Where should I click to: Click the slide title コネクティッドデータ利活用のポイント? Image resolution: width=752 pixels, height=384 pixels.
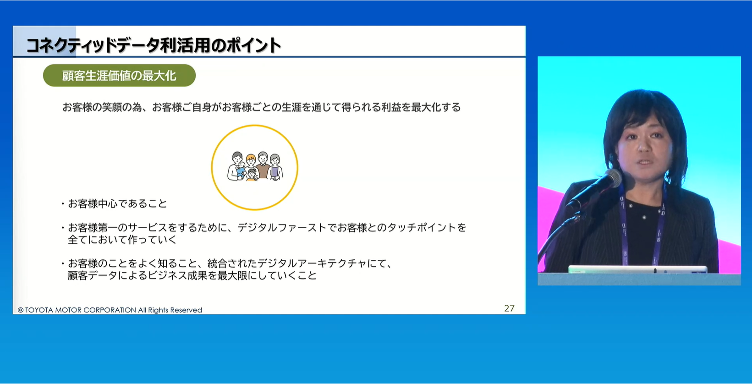point(154,45)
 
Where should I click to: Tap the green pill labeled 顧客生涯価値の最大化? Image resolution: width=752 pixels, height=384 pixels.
point(119,76)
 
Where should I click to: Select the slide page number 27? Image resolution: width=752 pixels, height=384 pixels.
point(509,308)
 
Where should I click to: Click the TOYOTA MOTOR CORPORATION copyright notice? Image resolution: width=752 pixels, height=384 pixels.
point(110,310)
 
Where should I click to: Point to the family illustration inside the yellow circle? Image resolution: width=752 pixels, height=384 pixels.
point(255,166)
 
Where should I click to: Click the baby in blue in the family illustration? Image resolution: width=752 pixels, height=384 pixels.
point(241,170)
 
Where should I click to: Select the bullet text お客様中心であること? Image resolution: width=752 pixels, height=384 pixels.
point(117,203)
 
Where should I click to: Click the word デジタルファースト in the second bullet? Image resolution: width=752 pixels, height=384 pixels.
point(282,228)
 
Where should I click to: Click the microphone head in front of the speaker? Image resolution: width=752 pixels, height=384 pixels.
point(612,178)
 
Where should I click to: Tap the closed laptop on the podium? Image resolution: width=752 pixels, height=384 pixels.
point(637,269)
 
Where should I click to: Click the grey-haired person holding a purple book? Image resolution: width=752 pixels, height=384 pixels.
point(275,167)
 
